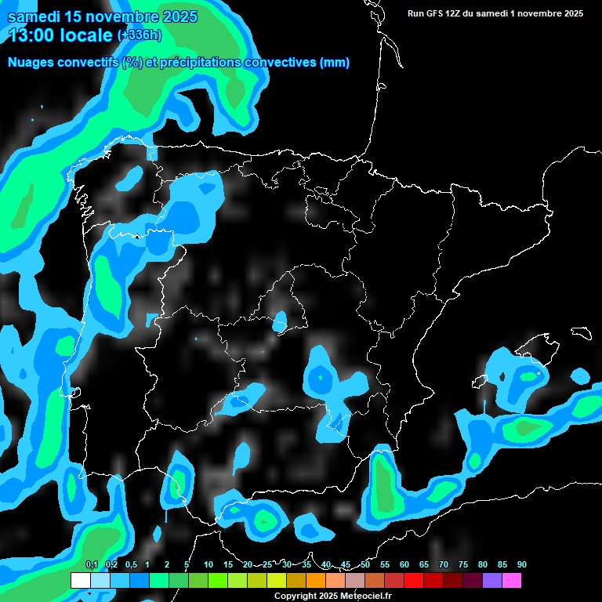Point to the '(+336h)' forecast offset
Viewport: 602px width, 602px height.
140,34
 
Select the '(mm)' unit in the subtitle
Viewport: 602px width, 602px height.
335,63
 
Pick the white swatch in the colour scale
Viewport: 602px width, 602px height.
80,581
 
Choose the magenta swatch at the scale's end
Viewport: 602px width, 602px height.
512,581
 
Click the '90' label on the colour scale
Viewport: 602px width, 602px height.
521,565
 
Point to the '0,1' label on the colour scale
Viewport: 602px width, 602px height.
91,565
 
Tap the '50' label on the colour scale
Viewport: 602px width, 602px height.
365,565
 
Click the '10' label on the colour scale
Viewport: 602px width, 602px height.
208,565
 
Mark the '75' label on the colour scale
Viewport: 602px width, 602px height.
462,565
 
